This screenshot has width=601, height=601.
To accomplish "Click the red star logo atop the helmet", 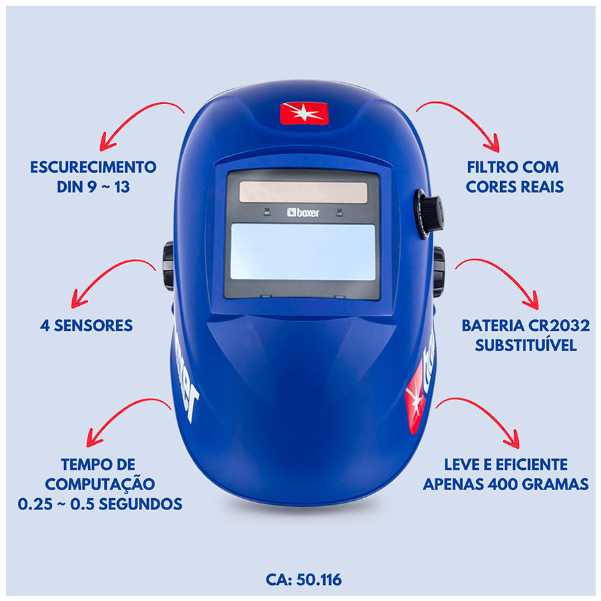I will pos(305,113).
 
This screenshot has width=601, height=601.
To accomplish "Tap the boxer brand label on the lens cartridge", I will pos(303,212).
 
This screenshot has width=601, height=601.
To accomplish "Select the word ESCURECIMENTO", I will pos(93,167).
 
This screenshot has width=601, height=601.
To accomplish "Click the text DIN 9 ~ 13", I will pos(93,186).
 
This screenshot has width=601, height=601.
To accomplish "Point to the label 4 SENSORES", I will pos(85,326).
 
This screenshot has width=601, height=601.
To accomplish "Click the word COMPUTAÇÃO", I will pos(100,483).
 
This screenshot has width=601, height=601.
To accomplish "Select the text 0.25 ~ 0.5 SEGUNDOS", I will pos(100,504).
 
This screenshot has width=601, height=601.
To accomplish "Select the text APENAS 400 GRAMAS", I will pos(506,483).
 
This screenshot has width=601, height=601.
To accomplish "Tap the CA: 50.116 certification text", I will pos(304,579).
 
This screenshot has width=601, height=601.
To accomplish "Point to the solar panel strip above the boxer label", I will pos(303,192).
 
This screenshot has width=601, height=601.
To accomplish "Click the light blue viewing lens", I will pos(303,252).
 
